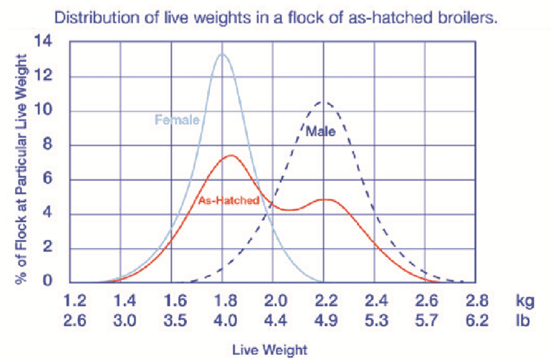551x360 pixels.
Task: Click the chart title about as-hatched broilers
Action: (x=276, y=17)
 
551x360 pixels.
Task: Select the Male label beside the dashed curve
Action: (x=319, y=132)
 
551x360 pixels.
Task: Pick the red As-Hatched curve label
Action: (x=229, y=200)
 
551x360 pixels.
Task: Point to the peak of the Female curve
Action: (x=222, y=55)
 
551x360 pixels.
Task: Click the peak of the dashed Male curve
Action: (x=324, y=101)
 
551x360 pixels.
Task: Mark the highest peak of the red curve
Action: (x=229, y=156)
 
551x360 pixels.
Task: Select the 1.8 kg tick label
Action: (x=222, y=301)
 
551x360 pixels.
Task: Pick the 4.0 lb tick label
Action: (x=222, y=320)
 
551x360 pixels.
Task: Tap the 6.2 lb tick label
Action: (x=477, y=320)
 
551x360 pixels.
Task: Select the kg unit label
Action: (x=523, y=301)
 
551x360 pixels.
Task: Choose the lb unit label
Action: (x=522, y=320)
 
